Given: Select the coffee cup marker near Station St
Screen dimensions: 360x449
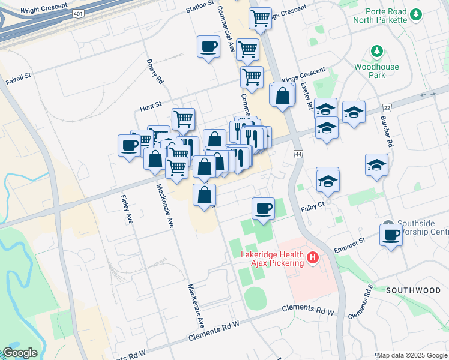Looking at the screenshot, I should tap(208, 47).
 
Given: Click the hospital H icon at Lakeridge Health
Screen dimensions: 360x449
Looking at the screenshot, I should tap(312, 259).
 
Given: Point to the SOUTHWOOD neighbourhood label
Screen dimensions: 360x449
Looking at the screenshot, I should tap(414, 290).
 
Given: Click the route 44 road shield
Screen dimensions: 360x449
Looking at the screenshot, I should tap(298, 154).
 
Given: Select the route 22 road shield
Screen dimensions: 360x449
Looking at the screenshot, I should tap(387, 107).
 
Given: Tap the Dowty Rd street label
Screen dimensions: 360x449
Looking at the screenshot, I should tap(155, 71).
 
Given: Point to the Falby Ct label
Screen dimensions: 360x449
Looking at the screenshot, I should tap(312, 207).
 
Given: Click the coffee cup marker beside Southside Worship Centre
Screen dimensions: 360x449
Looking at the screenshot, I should tap(391, 235).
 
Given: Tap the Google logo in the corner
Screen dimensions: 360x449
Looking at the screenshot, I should tap(20, 353).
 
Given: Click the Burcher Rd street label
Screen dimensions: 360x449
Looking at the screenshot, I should tap(386, 132).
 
